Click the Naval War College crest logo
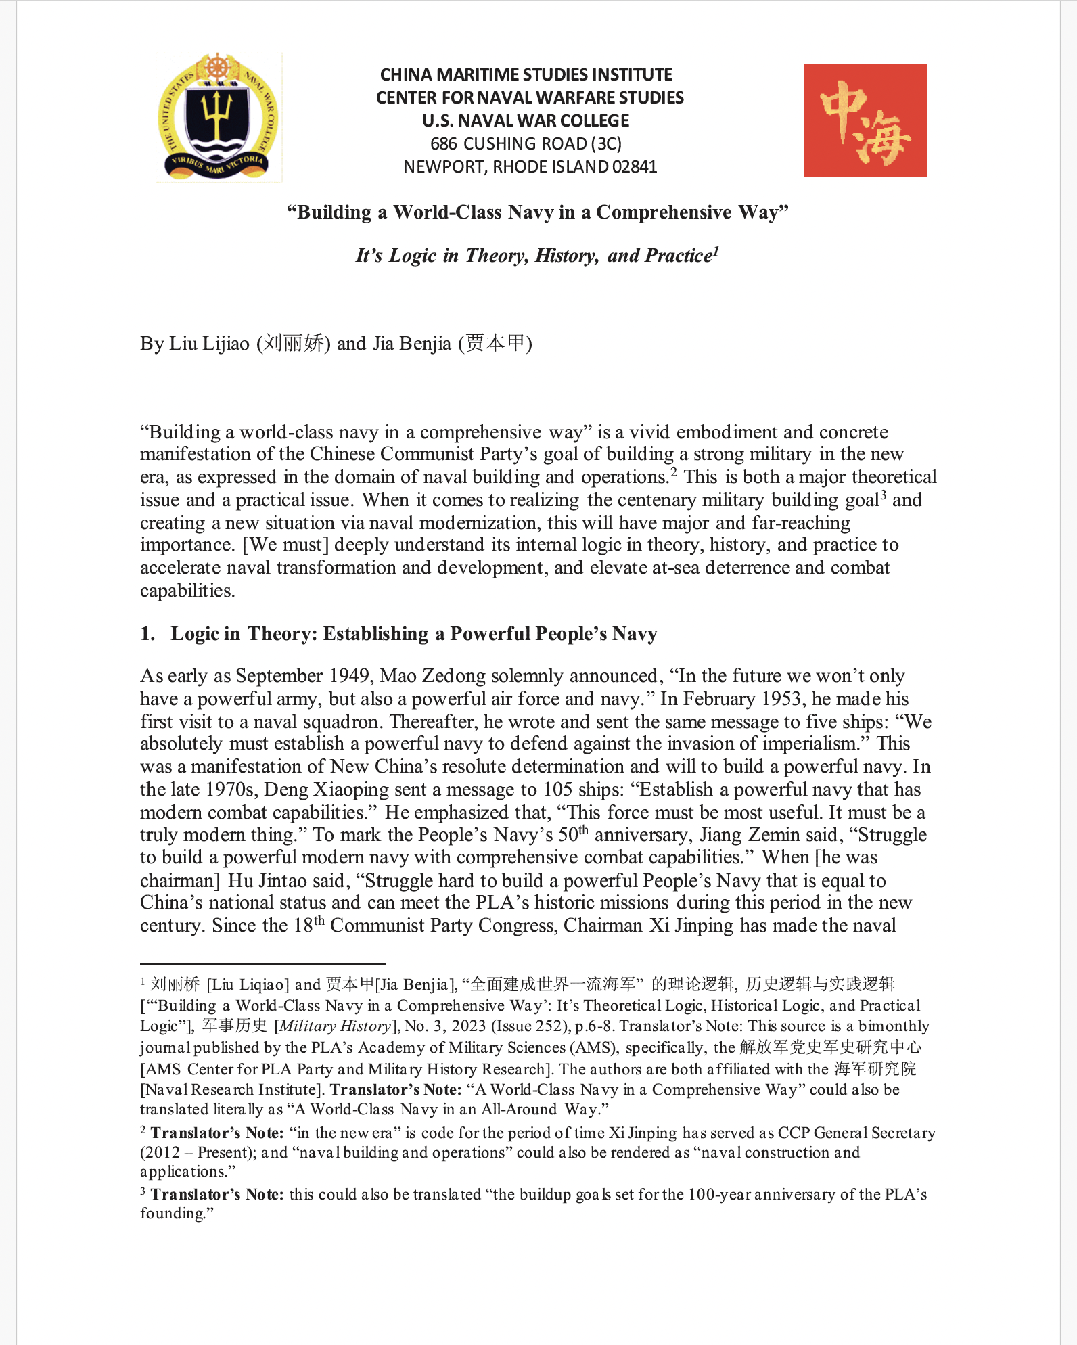(x=218, y=118)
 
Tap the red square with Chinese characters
(x=865, y=120)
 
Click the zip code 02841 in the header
(x=634, y=167)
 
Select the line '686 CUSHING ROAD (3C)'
(x=526, y=144)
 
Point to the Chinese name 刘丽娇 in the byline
(x=293, y=343)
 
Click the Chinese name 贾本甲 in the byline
(x=495, y=343)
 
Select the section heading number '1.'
(x=147, y=634)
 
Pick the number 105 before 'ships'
(x=561, y=790)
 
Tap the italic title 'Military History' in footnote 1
(x=336, y=1026)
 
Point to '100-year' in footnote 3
(x=719, y=1195)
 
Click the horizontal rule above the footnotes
(x=262, y=963)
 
